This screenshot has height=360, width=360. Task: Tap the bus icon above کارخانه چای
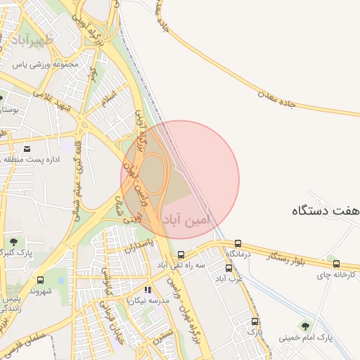click(336, 264)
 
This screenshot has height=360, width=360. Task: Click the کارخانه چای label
click(337, 275)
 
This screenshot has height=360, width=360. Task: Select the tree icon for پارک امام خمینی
click(304, 326)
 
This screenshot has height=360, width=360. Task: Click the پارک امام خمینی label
click(306, 338)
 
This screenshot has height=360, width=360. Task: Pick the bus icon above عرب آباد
click(229, 268)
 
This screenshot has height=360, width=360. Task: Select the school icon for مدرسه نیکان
click(148, 289)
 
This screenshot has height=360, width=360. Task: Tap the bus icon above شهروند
click(39, 279)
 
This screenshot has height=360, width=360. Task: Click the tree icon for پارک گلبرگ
click(13, 241)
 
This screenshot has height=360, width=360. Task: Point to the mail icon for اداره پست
click(27, 148)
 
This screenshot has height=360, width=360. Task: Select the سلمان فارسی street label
click(25, 345)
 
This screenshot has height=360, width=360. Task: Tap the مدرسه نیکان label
click(148, 300)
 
